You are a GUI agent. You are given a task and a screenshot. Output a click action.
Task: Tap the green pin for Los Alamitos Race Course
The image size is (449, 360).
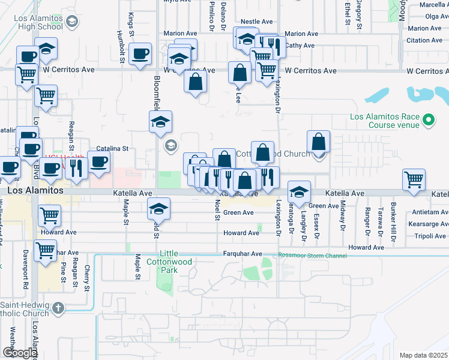pos(428,121)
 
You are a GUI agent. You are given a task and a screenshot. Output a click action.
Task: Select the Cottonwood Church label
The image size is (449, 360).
pos(273,154)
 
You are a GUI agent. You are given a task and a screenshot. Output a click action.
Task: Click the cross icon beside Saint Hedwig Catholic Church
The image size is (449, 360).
pos(58,309)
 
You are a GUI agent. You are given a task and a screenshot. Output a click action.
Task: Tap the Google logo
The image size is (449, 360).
pos(20,353)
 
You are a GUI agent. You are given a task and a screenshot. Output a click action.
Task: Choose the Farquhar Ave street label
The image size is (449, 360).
pos(243,254)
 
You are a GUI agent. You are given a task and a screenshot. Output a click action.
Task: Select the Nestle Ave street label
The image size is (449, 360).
pos(258,22)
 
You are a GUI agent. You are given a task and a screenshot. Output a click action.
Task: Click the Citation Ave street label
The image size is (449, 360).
pos(424,40)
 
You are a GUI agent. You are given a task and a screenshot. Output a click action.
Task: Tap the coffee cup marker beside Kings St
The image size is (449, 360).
pos(140,54)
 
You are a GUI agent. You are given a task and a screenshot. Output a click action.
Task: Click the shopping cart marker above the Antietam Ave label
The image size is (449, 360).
pos(414,179)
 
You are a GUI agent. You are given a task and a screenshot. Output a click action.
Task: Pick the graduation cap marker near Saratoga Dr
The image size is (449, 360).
pos(298,192)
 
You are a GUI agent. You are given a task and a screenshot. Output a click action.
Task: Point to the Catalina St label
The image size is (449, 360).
pos(113,148)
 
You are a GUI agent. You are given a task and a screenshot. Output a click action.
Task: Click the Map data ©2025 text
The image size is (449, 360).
pos(423,355)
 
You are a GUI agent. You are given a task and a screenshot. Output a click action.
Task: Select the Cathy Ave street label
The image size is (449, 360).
pos(300,46)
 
